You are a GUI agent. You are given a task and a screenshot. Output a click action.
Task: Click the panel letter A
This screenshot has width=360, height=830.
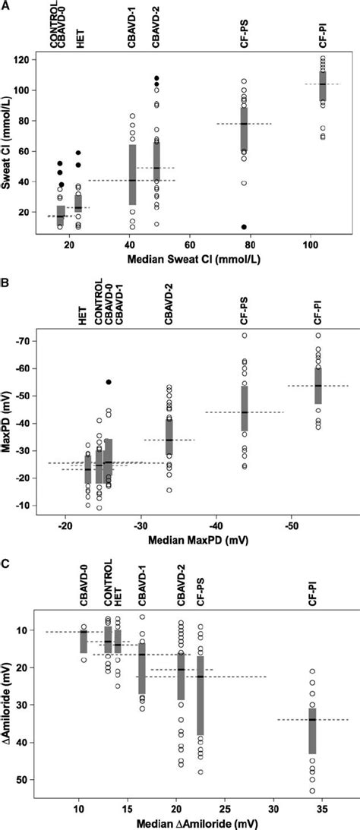(x=6, y=7)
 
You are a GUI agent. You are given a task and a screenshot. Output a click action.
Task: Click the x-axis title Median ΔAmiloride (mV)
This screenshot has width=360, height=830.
(x=178, y=820)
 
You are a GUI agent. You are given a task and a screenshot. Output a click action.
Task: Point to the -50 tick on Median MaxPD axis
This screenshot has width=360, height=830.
(x=292, y=524)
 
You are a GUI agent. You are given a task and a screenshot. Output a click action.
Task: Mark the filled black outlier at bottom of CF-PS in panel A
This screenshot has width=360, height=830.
(x=244, y=227)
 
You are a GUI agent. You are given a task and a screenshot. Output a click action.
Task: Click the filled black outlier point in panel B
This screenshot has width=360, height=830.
(x=109, y=382)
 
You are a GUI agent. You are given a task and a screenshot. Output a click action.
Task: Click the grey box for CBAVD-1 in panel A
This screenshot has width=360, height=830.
(x=132, y=175)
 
